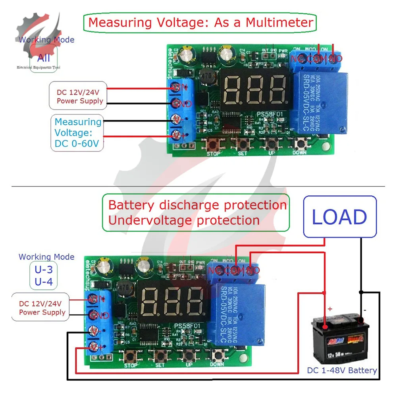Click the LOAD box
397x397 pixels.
pos(339,216)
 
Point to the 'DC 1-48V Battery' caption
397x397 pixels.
pos(342,370)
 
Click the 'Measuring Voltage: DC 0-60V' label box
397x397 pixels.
pos(77,133)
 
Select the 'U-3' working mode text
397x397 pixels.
pos(44,270)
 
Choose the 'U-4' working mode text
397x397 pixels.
pos(44,282)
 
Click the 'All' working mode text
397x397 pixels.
pos(44,58)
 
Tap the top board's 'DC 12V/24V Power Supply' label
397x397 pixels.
pos(77,96)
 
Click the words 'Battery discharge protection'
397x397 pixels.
pos(197,205)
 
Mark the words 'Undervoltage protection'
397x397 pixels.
pos(184,220)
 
